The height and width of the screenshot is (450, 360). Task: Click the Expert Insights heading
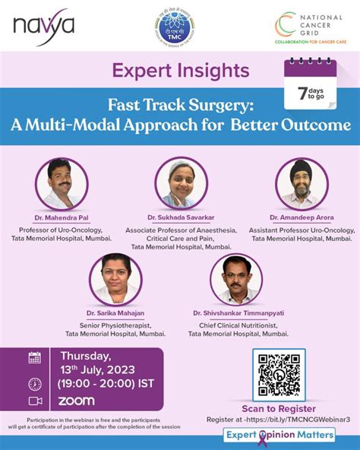(x=180, y=71)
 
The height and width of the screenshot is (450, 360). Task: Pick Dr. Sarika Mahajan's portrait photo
(x=115, y=277)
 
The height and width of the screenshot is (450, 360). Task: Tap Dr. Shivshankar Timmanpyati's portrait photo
(x=236, y=278)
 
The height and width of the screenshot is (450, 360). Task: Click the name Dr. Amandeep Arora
(x=301, y=217)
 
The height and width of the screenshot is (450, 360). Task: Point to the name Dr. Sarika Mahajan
(x=116, y=313)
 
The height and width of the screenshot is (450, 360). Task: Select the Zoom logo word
(x=77, y=401)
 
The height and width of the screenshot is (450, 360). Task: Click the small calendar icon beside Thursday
(x=34, y=357)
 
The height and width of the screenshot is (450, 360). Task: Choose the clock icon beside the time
(x=34, y=384)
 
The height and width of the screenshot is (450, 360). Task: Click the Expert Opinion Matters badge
(x=279, y=436)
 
